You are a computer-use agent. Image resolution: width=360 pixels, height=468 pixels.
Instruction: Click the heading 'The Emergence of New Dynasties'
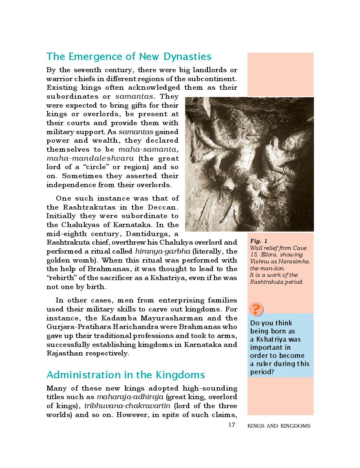pos(129,56)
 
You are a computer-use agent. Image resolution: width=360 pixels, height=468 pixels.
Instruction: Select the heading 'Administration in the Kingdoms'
pos(126,375)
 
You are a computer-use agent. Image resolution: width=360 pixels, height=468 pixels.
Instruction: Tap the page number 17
pos(232,426)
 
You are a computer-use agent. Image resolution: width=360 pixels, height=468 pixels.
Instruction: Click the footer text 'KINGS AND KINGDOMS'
pos(279,426)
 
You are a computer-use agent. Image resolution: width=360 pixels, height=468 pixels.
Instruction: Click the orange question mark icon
pos(256,309)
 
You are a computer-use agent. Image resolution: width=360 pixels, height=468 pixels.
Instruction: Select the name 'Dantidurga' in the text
pos(148,234)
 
